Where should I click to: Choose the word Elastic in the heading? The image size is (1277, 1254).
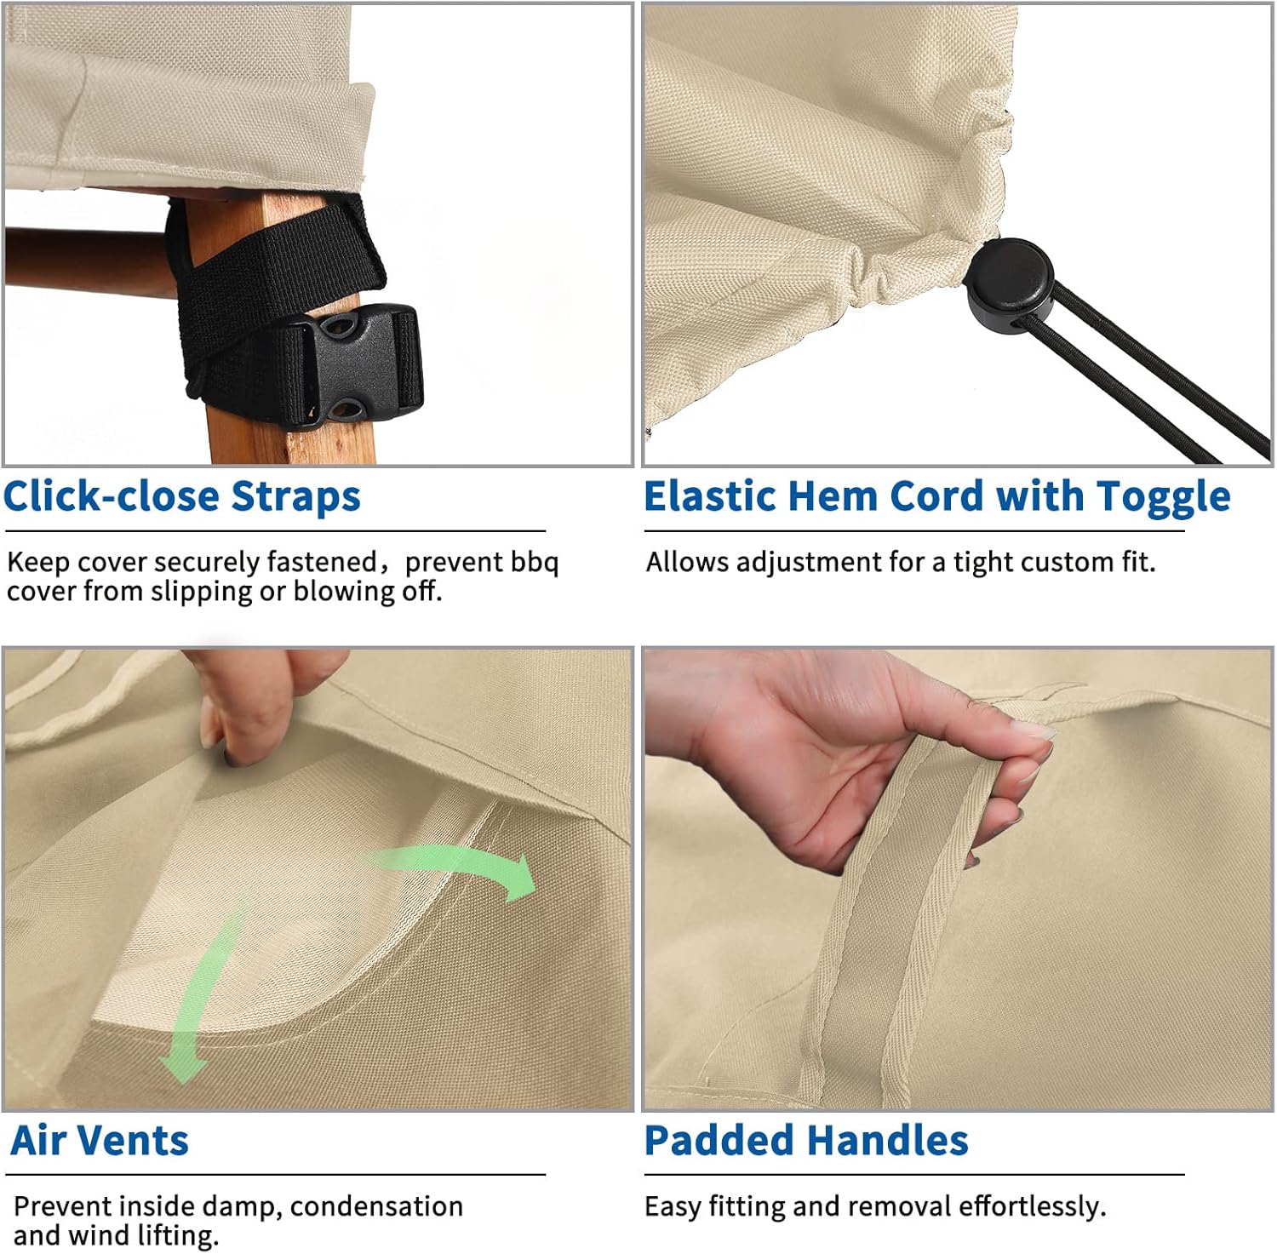click(x=712, y=496)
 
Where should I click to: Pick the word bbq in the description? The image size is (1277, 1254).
click(x=534, y=563)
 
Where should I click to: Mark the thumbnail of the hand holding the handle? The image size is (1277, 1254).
click(x=958, y=879)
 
